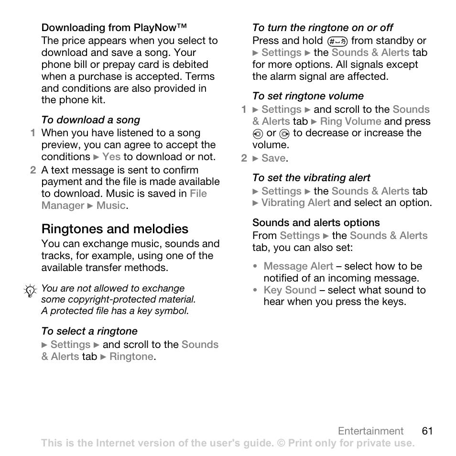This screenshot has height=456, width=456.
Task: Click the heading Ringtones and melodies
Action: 115,229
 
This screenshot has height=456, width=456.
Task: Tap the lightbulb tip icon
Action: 30,291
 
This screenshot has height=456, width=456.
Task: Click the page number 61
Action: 427,431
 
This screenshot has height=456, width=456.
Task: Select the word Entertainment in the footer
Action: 370,431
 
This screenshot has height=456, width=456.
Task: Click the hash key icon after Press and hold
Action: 337,42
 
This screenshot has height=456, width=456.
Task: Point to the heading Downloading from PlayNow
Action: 114,28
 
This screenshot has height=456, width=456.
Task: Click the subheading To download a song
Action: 90,120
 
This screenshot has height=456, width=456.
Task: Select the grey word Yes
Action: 111,157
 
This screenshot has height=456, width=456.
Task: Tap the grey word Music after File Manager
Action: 111,206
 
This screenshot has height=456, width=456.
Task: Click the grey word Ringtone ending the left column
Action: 131,357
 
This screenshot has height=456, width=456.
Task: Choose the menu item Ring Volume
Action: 350,121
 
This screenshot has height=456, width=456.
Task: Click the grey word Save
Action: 273,158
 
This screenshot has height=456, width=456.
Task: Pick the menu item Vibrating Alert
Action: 295,203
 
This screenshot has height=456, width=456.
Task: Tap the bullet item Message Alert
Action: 298,266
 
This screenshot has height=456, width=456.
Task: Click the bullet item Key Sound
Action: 290,290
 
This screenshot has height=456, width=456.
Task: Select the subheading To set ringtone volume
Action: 308,96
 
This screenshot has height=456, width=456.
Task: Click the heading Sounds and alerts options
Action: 316,223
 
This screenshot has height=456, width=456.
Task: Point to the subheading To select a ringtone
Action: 89,331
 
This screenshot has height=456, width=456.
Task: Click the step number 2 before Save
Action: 244,158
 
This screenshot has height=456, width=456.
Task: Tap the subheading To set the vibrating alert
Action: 311,178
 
